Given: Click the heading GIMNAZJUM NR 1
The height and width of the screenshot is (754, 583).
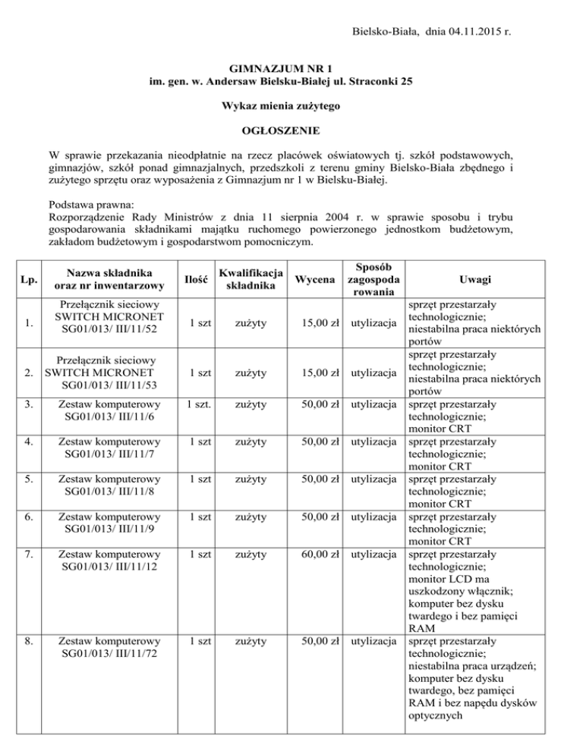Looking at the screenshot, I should [291, 68].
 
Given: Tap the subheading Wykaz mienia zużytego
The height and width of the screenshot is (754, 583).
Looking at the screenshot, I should [291, 106].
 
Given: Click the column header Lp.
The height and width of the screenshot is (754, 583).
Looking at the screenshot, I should [30, 281].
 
